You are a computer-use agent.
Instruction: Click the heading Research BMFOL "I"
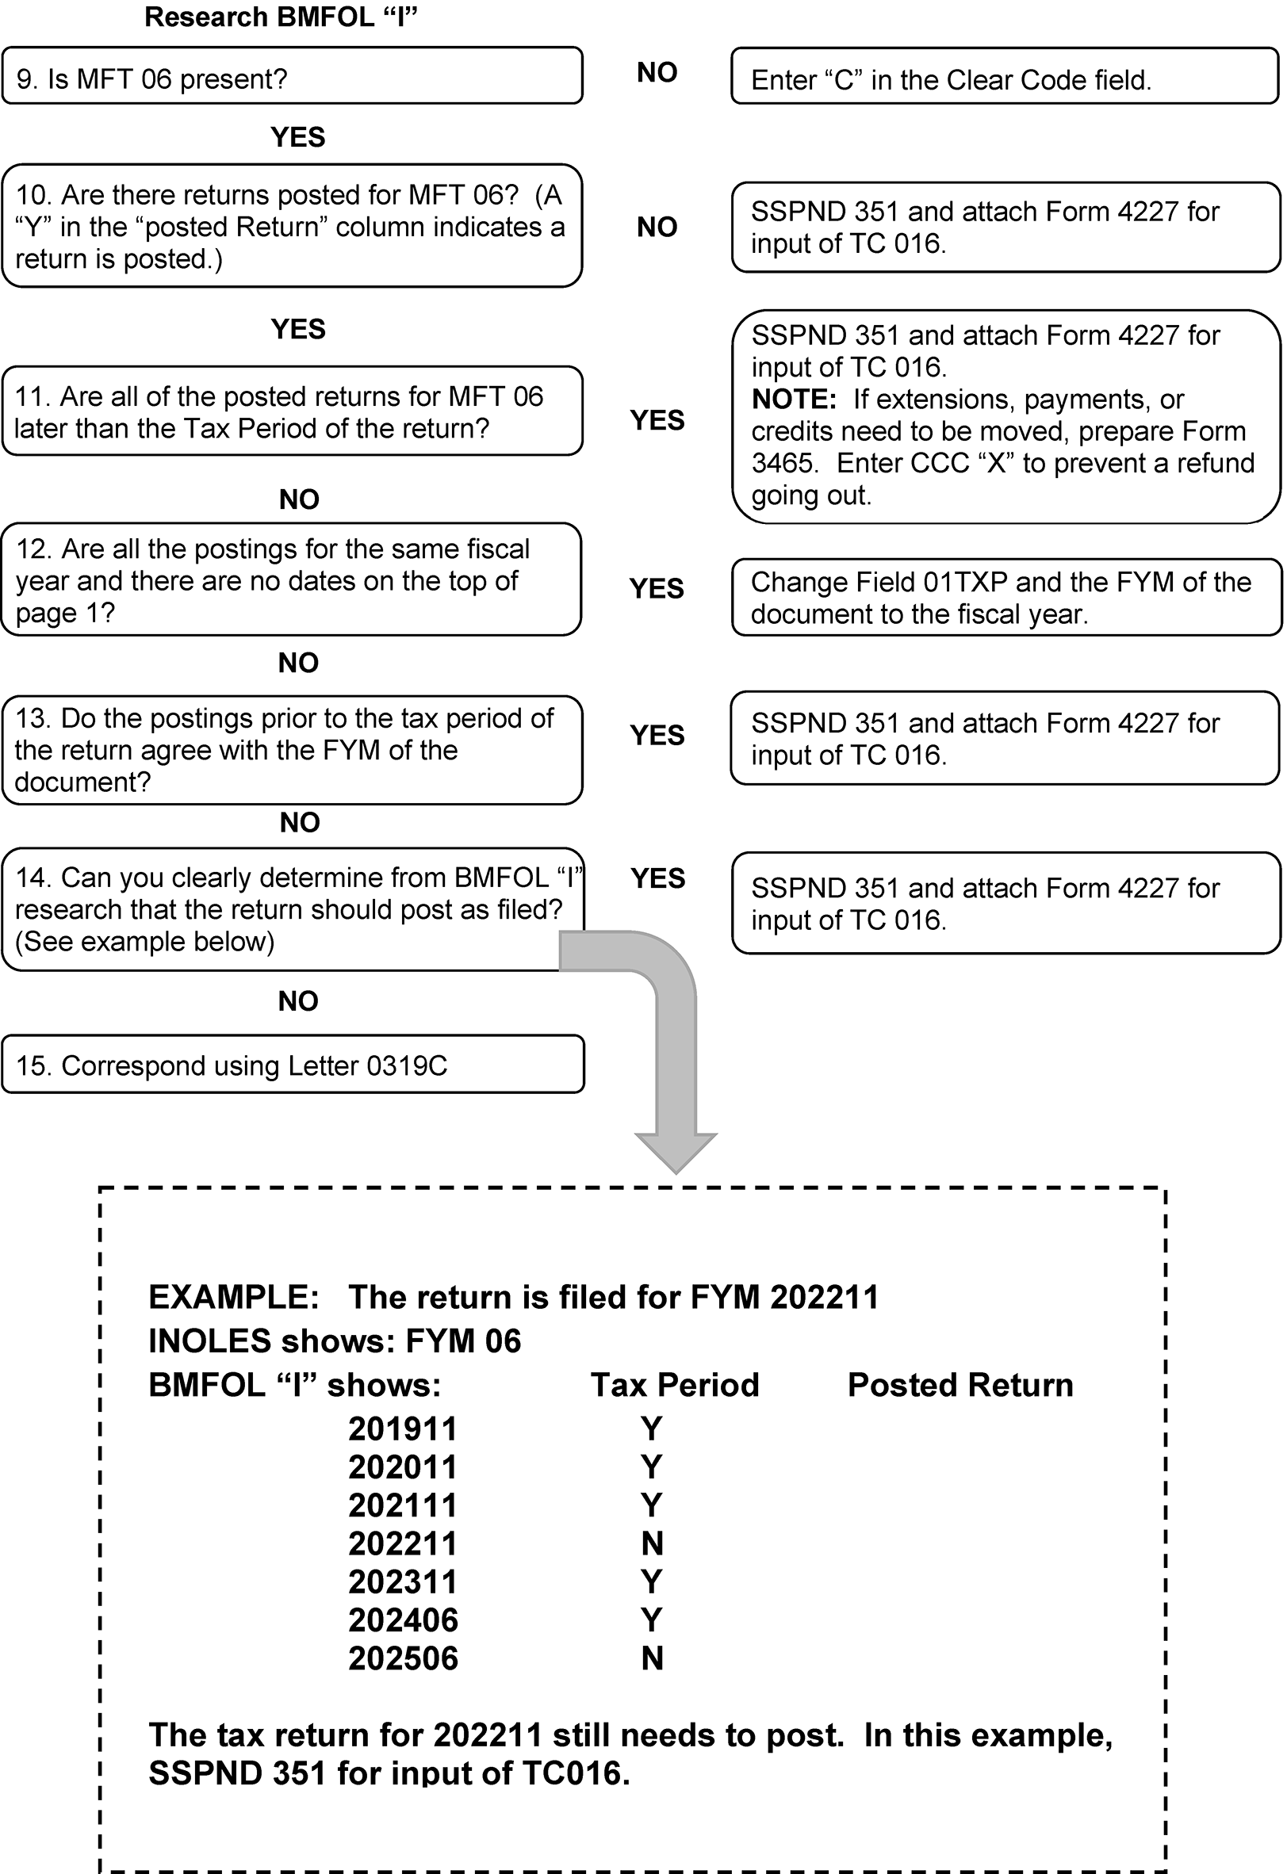[x=281, y=17]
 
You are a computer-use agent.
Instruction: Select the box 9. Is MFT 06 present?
[x=292, y=76]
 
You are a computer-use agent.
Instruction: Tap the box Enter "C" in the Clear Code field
[x=1004, y=77]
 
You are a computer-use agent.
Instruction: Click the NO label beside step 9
[x=657, y=73]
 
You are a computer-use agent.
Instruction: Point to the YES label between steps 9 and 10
[x=297, y=137]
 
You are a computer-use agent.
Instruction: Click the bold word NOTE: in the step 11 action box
[x=794, y=400]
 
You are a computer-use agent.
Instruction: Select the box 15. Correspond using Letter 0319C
[x=293, y=1065]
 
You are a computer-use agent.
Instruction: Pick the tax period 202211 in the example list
[x=402, y=1543]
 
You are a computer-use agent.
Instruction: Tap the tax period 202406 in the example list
[x=402, y=1620]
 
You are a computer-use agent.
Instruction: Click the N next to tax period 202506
[x=652, y=1658]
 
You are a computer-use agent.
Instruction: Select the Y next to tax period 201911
[x=651, y=1428]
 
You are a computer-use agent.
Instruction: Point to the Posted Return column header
[x=960, y=1385]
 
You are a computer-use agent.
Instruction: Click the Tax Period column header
[x=675, y=1385]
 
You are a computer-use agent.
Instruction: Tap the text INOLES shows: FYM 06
[x=335, y=1341]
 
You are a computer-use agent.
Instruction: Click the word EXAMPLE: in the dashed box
[x=234, y=1297]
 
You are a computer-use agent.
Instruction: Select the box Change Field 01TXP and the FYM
[x=1005, y=598]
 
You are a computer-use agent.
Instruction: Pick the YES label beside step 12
[x=657, y=589]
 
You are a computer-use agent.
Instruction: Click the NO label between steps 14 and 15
[x=297, y=1000]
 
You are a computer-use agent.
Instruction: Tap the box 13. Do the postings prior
[x=292, y=750]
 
